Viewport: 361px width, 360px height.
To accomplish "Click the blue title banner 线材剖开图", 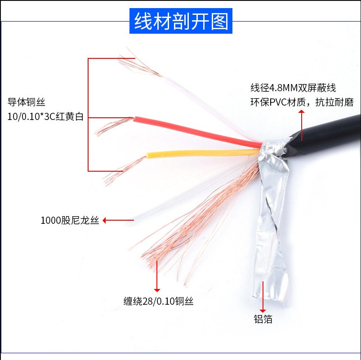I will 181,21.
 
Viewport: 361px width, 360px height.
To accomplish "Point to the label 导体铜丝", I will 27,102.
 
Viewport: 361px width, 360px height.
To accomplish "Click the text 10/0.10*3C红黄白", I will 45,117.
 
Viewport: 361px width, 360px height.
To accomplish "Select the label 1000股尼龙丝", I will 69,221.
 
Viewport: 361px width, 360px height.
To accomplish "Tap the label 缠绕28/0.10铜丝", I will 158,301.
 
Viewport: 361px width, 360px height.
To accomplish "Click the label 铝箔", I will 263,320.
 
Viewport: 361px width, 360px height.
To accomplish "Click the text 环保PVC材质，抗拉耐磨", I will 302,102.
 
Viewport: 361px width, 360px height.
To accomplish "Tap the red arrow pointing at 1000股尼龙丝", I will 118,220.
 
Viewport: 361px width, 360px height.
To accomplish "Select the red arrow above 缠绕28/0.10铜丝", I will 157,276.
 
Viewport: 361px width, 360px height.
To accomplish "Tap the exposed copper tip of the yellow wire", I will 121,171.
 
